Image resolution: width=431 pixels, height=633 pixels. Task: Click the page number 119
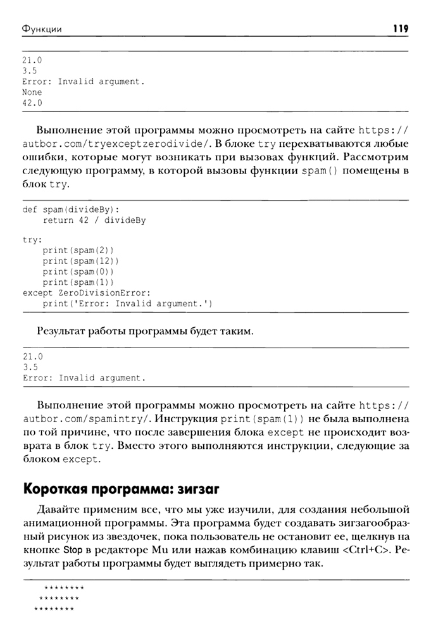pos(400,28)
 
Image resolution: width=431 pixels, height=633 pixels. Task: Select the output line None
pos(32,92)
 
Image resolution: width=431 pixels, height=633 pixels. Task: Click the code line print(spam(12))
pos(80,261)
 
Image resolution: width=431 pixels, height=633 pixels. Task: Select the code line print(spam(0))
pos(78,272)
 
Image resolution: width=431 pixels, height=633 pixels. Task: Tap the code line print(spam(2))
pos(78,250)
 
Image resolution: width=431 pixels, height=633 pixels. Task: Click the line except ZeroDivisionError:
pos(87,293)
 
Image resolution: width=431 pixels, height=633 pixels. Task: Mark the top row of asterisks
pos(64,589)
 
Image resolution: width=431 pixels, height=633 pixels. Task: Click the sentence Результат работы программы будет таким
pos(144,330)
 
